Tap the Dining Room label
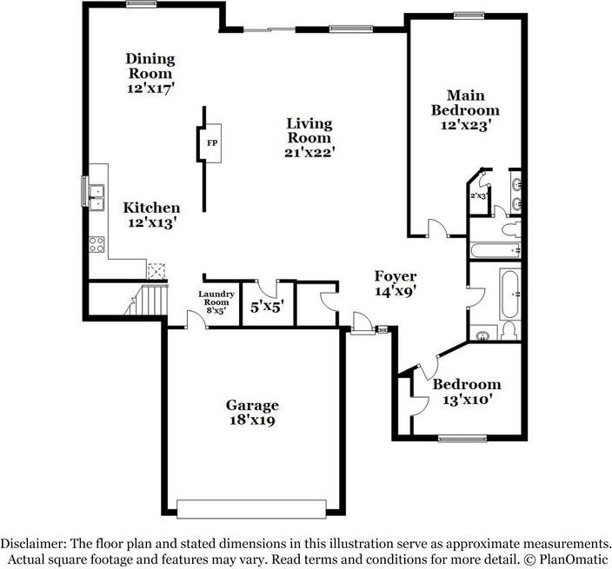click(150, 66)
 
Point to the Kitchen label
click(151, 208)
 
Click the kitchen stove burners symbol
click(96, 245)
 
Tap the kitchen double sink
click(95, 198)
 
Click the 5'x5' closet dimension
click(267, 306)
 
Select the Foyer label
click(396, 276)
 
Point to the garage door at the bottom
click(252, 507)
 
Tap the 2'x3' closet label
click(478, 196)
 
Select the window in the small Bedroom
click(461, 437)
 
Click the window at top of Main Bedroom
click(469, 15)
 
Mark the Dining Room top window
click(140, 4)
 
